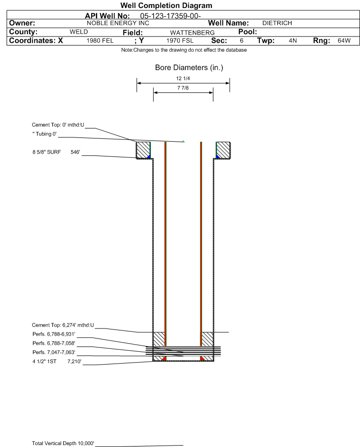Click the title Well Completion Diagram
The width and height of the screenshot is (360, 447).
click(166, 5)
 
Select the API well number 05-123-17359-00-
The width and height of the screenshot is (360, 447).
click(170, 16)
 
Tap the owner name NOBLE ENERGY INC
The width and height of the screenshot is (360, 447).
click(118, 23)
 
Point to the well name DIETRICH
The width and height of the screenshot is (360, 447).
click(277, 23)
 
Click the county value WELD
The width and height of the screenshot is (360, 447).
click(79, 32)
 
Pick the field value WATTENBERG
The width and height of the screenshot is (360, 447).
click(192, 33)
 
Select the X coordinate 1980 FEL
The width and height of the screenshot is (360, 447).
click(100, 41)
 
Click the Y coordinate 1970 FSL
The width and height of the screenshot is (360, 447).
click(180, 41)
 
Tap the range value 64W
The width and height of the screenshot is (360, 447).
click(344, 41)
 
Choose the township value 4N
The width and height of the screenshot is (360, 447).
click(293, 41)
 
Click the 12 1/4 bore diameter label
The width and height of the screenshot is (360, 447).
click(183, 78)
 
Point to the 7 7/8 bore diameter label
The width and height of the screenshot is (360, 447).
click(183, 88)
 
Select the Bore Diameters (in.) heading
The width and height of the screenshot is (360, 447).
click(189, 68)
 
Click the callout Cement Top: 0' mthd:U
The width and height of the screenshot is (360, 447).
click(58, 125)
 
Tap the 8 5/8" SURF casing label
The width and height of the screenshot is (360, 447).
click(46, 152)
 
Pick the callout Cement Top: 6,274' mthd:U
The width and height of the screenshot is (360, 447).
click(63, 325)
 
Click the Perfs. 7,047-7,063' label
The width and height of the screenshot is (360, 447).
click(54, 352)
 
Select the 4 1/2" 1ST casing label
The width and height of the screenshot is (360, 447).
click(44, 362)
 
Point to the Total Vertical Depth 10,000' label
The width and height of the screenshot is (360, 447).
click(63, 443)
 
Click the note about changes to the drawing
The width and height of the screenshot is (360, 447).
click(184, 50)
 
